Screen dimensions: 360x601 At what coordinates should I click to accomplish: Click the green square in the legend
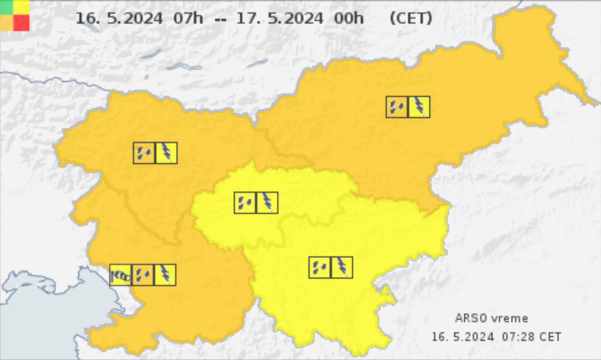[x=7, y=7]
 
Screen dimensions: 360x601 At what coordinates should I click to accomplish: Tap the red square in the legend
[x=22, y=22]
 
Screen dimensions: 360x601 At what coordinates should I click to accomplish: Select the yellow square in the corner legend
[x=22, y=7]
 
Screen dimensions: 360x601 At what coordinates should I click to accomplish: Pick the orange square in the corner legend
[x=7, y=22]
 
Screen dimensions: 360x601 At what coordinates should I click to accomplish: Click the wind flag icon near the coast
[x=121, y=275]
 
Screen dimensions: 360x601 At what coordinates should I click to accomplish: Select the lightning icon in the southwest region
[x=165, y=275]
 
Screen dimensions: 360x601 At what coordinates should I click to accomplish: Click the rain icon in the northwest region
[x=144, y=153]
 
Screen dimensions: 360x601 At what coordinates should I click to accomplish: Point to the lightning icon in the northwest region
[x=166, y=153]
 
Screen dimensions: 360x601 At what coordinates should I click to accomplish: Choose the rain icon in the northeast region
[x=397, y=107]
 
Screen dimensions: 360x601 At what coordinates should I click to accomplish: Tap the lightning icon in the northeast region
[x=419, y=107]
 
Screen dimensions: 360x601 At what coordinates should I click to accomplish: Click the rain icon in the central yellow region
[x=245, y=202]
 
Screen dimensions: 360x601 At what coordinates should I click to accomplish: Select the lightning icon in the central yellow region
[x=267, y=202]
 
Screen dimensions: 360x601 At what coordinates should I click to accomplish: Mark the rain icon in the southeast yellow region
[x=320, y=267]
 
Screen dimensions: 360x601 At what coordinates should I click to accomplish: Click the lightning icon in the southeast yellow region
[x=342, y=267]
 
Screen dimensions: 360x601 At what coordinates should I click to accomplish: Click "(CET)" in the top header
[x=408, y=18]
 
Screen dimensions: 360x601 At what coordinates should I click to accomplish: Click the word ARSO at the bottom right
[x=471, y=319]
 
